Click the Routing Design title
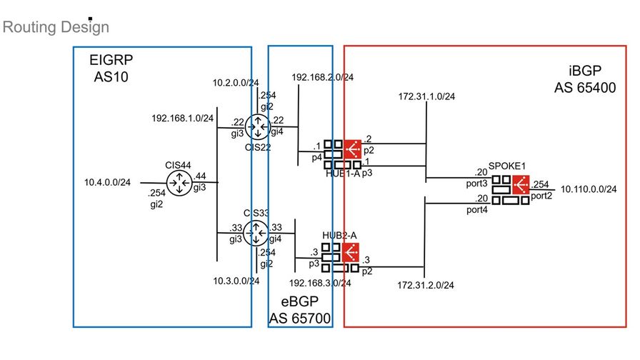tap(56, 28)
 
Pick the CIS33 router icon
tap(256, 231)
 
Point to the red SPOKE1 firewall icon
tap(521, 184)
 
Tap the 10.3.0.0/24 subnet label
tap(236, 281)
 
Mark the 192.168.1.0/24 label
tap(182, 118)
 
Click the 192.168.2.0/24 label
tap(323, 77)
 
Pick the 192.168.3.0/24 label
tap(320, 283)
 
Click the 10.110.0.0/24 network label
tap(589, 189)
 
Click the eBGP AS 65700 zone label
tap(300, 310)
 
